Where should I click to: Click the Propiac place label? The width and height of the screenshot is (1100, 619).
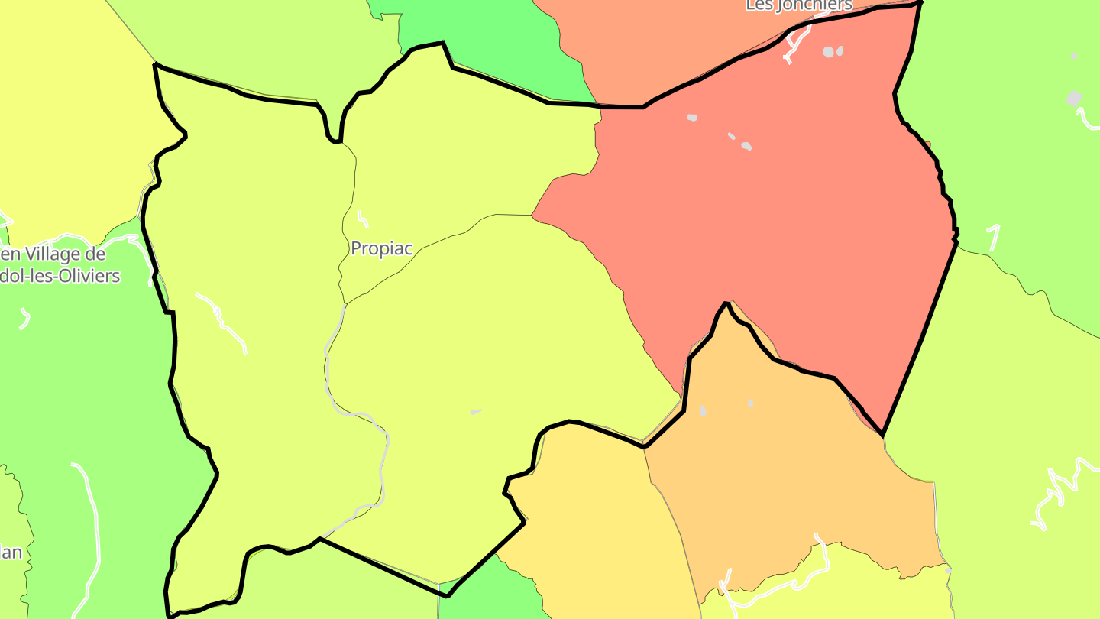(x=381, y=248)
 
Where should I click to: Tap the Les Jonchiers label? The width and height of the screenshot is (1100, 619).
(x=798, y=5)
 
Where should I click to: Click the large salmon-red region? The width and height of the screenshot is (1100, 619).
(x=764, y=214)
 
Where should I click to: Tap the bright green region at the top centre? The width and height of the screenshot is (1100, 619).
(x=489, y=38)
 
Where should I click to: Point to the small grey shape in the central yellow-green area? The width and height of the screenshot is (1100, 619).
(x=476, y=412)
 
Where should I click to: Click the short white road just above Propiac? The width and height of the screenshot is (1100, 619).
(x=362, y=219)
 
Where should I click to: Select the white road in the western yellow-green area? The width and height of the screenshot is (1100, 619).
(x=222, y=321)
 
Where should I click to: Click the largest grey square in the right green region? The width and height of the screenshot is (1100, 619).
(x=1073, y=99)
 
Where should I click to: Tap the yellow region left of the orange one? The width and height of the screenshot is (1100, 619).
(x=596, y=520)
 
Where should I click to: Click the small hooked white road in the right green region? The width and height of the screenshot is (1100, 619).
(x=994, y=237)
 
